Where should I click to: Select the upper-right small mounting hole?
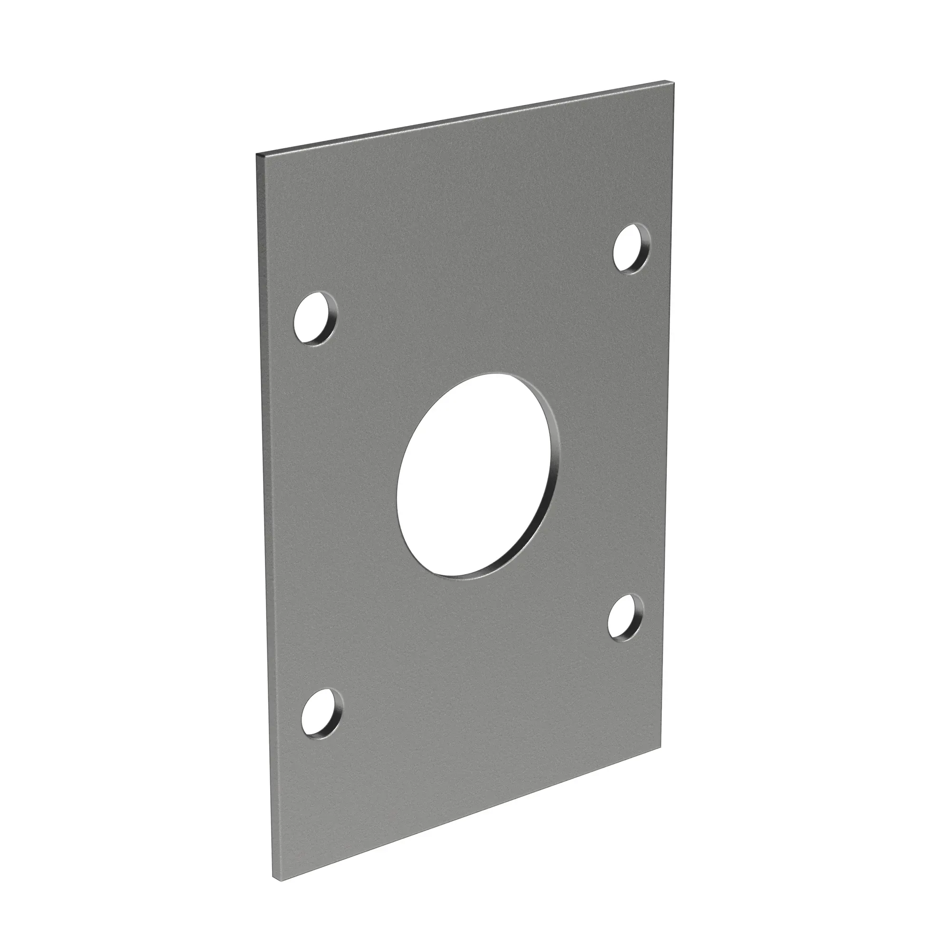pyautogui.click(x=630, y=248)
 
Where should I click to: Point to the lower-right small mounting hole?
pyautogui.click(x=624, y=618)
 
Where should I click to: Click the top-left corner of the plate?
pyautogui.click(x=257, y=155)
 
